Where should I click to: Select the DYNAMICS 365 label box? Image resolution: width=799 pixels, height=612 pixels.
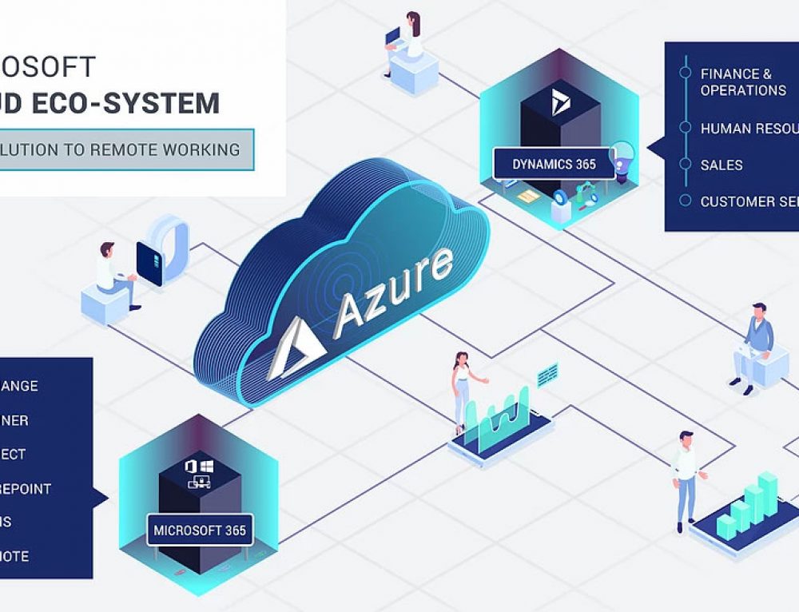click(554, 165)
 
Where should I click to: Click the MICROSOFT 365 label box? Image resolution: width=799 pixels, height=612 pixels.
click(200, 530)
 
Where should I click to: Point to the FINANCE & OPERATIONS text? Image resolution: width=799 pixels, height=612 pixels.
click(743, 81)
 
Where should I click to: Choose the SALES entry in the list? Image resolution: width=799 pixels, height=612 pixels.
click(721, 165)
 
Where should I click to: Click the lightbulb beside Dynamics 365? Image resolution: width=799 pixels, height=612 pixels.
click(621, 153)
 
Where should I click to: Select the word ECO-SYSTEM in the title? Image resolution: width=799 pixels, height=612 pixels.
click(153, 103)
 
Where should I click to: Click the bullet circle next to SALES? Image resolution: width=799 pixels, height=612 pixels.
click(685, 165)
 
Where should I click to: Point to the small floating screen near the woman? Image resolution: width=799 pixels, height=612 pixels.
click(547, 373)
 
